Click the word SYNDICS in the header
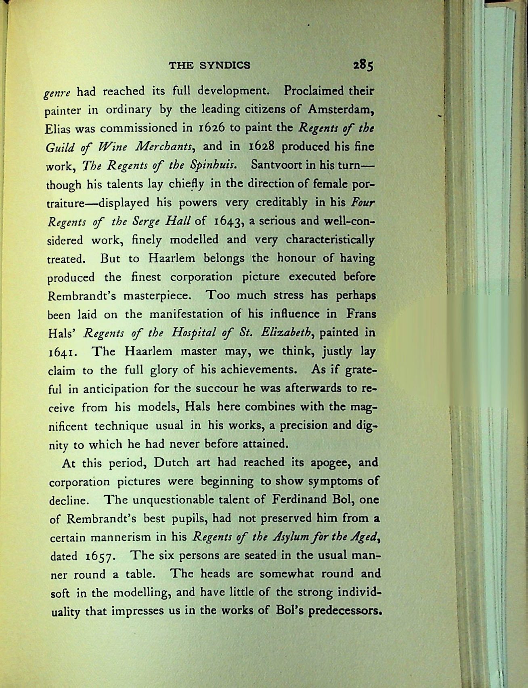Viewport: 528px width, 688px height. click(226, 65)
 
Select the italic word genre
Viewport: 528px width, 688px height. click(58, 93)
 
